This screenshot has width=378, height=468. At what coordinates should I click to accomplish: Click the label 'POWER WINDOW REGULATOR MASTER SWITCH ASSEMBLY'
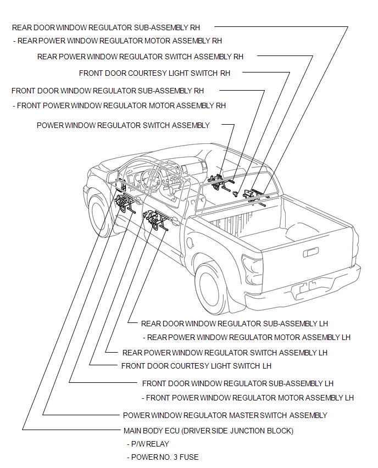(x=225, y=415)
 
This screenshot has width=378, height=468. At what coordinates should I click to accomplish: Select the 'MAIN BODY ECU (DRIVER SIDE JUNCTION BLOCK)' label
(x=209, y=431)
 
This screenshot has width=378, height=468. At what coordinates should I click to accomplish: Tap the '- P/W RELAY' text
(x=148, y=444)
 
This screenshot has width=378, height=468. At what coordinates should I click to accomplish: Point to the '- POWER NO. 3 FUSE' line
(x=163, y=457)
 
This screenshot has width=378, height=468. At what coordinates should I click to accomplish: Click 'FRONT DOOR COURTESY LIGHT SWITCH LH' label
(x=196, y=366)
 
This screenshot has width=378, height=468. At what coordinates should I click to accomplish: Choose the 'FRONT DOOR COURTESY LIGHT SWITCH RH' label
(x=154, y=73)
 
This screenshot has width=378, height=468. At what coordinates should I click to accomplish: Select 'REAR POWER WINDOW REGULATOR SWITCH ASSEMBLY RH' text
(x=140, y=57)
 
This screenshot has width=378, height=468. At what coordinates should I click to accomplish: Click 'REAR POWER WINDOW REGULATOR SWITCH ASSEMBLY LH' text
(x=225, y=353)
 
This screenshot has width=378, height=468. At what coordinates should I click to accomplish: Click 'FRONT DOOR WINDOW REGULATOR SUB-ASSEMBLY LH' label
(x=238, y=383)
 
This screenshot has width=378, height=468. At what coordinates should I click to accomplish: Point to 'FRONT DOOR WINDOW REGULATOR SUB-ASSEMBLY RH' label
(x=108, y=91)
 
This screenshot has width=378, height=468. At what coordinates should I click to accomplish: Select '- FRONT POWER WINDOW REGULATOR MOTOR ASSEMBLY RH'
(x=119, y=105)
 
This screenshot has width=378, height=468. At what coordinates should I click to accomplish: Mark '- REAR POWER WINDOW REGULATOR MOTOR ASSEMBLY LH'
(x=247, y=337)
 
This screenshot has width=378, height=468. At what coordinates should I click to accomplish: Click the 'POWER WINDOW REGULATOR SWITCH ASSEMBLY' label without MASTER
(x=123, y=125)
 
